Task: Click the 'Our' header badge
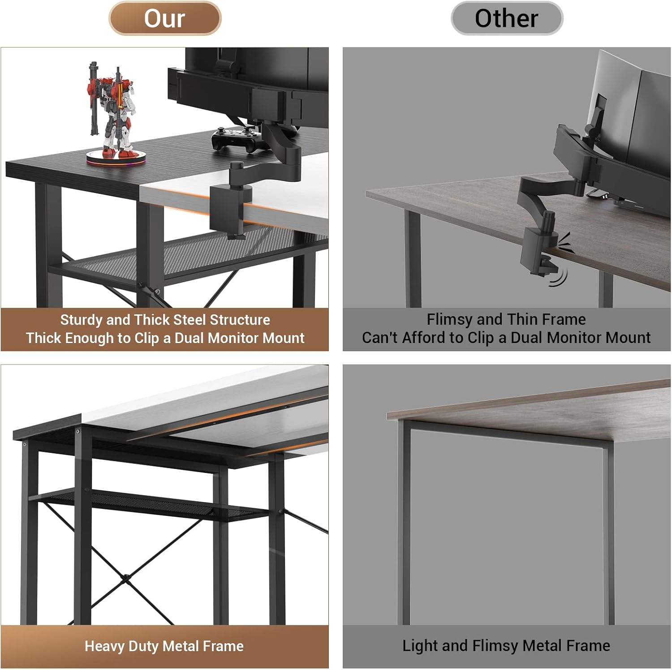(165, 18)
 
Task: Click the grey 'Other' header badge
(506, 18)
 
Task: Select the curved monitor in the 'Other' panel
(627, 116)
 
